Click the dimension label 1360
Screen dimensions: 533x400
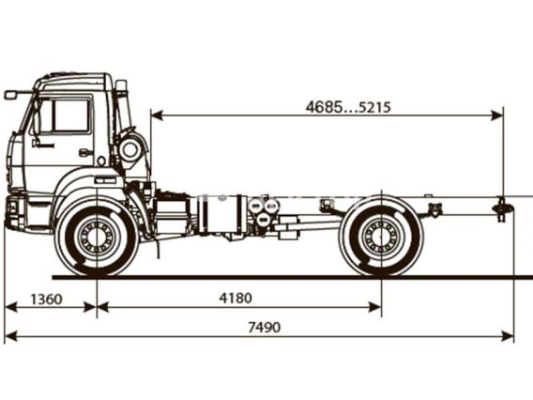tap(47, 300)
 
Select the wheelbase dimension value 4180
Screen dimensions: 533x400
tap(236, 298)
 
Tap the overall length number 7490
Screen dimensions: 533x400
tap(265, 328)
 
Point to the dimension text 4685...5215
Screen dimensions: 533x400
tap(348, 107)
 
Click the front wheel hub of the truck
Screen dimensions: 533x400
tap(98, 236)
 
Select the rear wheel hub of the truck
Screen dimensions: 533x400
tap(381, 236)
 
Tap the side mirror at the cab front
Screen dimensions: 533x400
tap(10, 95)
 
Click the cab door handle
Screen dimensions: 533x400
tap(85, 152)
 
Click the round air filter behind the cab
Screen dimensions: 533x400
tap(129, 149)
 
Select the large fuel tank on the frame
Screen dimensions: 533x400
tap(221, 214)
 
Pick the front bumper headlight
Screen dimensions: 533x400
tap(12, 207)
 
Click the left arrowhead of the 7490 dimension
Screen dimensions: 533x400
tap(10, 337)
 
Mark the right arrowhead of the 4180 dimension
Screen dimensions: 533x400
tap(375, 307)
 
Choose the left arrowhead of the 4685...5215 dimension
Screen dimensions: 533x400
tap(157, 115)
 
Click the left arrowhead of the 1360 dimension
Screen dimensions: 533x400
tap(10, 307)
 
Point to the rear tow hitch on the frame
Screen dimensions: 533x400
tap(501, 208)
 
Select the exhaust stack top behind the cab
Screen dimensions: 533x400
tap(121, 85)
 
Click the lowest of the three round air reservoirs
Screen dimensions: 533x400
tap(263, 220)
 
